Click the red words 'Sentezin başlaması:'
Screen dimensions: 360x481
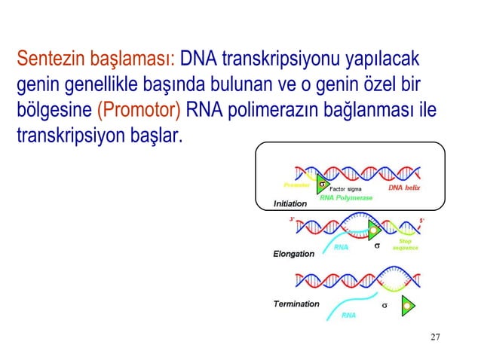(96, 58)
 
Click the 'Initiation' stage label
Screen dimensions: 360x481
(290, 203)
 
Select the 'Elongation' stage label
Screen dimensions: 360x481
(293, 254)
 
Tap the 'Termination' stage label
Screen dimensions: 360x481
(296, 304)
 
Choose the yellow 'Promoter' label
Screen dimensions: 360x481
(297, 184)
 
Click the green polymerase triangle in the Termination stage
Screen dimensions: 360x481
(408, 304)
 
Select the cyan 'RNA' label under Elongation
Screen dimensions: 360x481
(341, 246)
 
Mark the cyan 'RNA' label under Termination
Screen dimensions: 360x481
(348, 315)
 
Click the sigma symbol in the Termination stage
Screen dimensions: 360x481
(384, 306)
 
